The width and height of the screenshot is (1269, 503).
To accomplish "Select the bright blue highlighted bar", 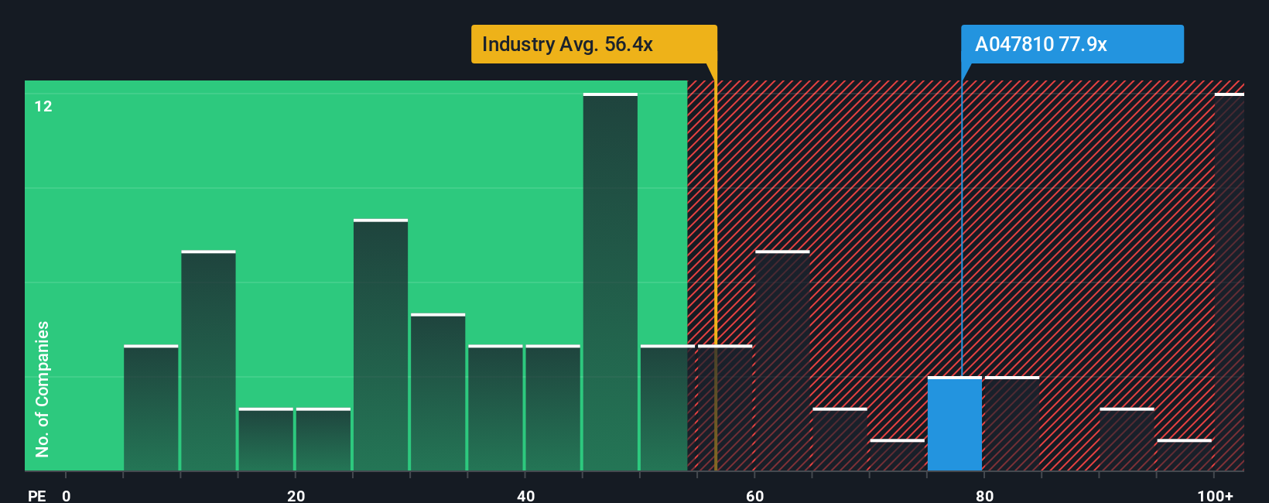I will click(954, 424).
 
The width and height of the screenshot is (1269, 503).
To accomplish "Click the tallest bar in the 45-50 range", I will click(610, 282).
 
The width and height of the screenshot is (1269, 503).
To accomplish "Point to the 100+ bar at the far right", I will click(1229, 282).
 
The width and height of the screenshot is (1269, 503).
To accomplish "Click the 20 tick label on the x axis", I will click(296, 495).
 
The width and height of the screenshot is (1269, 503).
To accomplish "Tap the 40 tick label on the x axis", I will click(525, 495).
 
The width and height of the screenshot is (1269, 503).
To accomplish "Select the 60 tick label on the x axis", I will click(754, 495).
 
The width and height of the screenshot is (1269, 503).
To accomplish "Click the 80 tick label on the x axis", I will click(984, 495).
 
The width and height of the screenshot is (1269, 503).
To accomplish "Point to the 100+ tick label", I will click(1215, 495).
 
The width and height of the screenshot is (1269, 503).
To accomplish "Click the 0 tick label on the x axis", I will click(67, 495).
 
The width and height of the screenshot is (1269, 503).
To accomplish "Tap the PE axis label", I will click(36, 495).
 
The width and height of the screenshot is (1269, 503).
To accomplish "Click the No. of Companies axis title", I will click(43, 388).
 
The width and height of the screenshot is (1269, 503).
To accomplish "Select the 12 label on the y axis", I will click(43, 106).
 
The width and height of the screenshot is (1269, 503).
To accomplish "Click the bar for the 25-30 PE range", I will click(381, 346).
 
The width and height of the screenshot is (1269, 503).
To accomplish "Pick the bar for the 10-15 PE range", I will click(208, 361).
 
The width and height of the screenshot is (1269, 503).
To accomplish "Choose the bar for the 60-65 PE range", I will click(782, 361).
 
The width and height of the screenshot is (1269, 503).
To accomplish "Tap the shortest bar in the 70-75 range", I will click(897, 456).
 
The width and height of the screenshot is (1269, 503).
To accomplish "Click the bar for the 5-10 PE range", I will click(151, 409).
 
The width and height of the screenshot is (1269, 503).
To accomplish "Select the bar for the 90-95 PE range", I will click(1127, 440).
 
